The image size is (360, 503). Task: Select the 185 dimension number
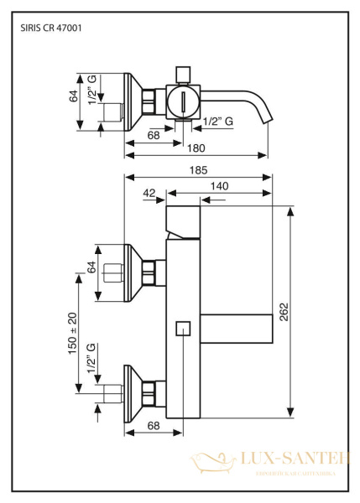pos(199,170)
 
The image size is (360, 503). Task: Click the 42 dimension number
pos(149,193)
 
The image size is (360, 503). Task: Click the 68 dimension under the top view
pos(154,134)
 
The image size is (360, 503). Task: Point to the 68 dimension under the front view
pos(154,426)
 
